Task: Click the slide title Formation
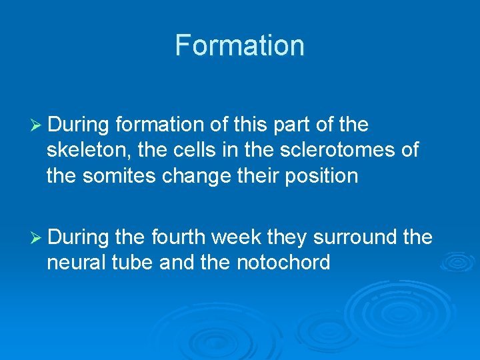(239, 46)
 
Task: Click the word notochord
(283, 263)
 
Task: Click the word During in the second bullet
(79, 237)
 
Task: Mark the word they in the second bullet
(289, 237)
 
